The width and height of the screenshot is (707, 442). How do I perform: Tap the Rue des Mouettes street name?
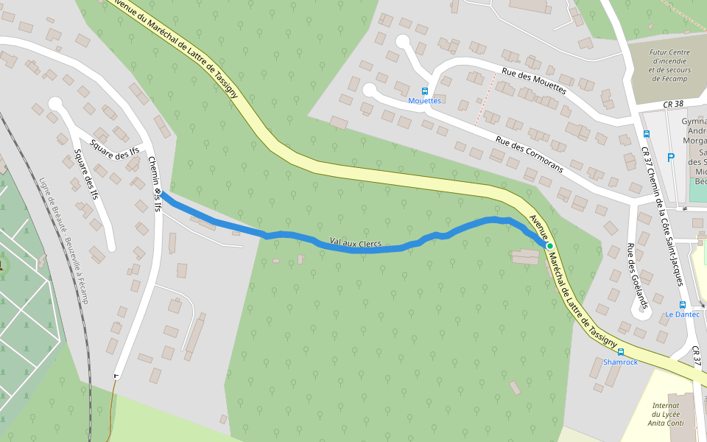[x=534, y=81]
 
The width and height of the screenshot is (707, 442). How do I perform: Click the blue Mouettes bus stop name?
[x=425, y=100]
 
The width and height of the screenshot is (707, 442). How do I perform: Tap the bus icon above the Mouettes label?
[x=425, y=91]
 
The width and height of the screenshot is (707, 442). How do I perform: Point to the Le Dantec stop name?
[x=682, y=315]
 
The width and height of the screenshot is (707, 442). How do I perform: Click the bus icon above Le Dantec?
[x=683, y=304]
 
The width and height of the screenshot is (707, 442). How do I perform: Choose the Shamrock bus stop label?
[x=620, y=362]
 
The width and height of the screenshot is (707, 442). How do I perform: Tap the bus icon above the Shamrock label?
[x=621, y=352]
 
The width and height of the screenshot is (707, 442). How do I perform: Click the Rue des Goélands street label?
[x=638, y=275]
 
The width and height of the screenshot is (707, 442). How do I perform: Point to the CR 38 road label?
[x=673, y=105]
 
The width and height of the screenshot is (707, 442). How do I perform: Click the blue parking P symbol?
[x=670, y=157]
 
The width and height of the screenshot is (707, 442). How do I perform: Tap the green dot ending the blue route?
[x=549, y=245]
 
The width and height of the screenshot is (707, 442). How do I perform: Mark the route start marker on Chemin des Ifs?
[x=158, y=192]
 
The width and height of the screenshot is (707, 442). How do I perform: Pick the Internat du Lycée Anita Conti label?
[x=668, y=414]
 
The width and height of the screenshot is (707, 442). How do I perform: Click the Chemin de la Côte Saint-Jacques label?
[x=660, y=221]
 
